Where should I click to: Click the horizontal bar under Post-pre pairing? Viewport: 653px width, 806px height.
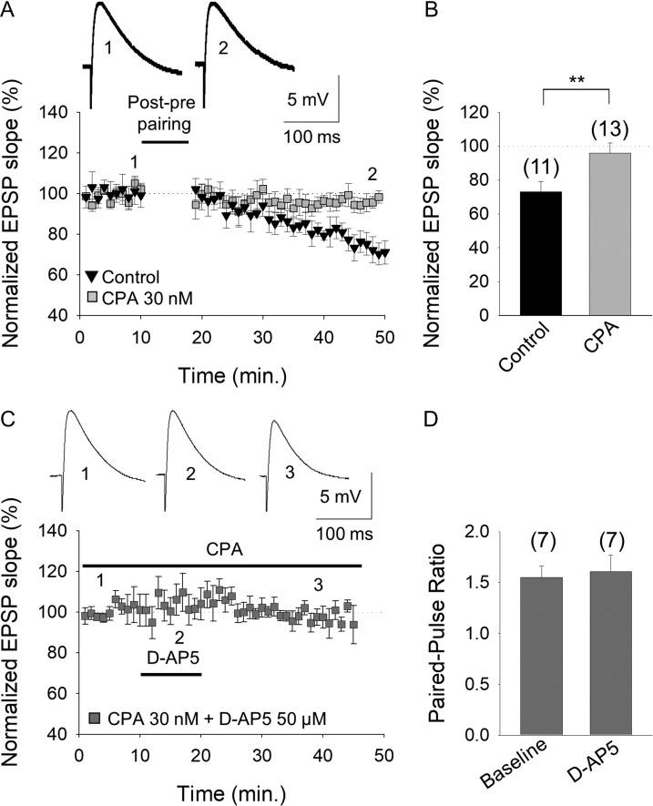click(x=165, y=141)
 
